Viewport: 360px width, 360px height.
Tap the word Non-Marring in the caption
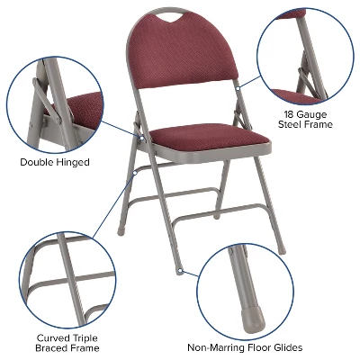(220, 347)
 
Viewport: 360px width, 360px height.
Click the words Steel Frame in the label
(306, 125)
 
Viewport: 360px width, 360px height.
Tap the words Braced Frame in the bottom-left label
(67, 347)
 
